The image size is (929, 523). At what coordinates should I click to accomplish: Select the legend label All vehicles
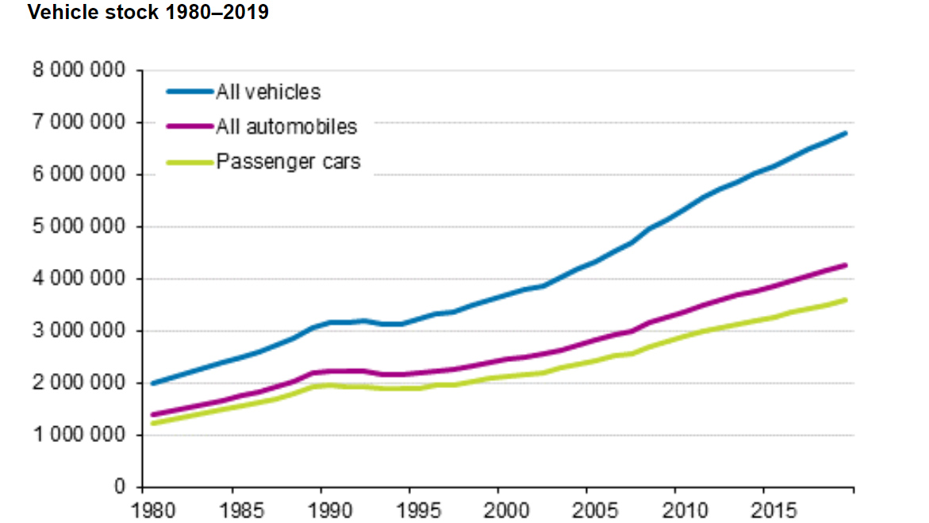pyautogui.click(x=268, y=92)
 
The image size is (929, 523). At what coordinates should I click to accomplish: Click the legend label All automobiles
pyautogui.click(x=286, y=126)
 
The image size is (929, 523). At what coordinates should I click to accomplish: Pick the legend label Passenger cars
pyautogui.click(x=288, y=162)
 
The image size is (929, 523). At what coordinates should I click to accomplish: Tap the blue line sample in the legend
pyautogui.click(x=190, y=92)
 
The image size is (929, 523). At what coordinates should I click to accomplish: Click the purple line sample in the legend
pyautogui.click(x=190, y=127)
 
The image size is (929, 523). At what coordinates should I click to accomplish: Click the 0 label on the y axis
pyautogui.click(x=120, y=487)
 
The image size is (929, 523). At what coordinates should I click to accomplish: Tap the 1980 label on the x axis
pyautogui.click(x=144, y=508)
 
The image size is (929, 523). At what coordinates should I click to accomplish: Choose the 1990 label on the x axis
pyautogui.click(x=321, y=508)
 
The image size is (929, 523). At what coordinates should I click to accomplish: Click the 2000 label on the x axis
pyautogui.click(x=499, y=508)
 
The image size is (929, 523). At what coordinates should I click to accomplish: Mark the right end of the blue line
pyautogui.click(x=846, y=133)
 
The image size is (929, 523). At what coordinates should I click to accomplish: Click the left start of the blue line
pyautogui.click(x=152, y=383)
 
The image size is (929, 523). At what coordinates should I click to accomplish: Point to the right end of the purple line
pyautogui.click(x=846, y=265)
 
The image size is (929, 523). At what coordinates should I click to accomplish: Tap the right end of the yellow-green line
pyautogui.click(x=846, y=300)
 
